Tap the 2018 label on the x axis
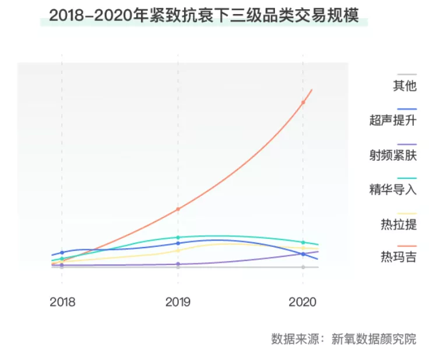click(62, 302)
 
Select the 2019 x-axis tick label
click(178, 302)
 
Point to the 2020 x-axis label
click(303, 302)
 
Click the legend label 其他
click(405, 86)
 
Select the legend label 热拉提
click(399, 224)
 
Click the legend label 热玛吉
click(399, 257)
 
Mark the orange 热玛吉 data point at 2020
click(303, 103)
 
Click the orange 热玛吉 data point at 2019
click(178, 209)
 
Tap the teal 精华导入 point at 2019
click(178, 237)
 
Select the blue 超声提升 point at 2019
click(178, 243)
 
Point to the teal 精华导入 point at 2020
click(303, 242)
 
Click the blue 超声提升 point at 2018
click(62, 253)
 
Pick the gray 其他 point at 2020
click(303, 267)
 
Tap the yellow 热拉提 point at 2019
click(178, 250)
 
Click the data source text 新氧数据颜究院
click(373, 339)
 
